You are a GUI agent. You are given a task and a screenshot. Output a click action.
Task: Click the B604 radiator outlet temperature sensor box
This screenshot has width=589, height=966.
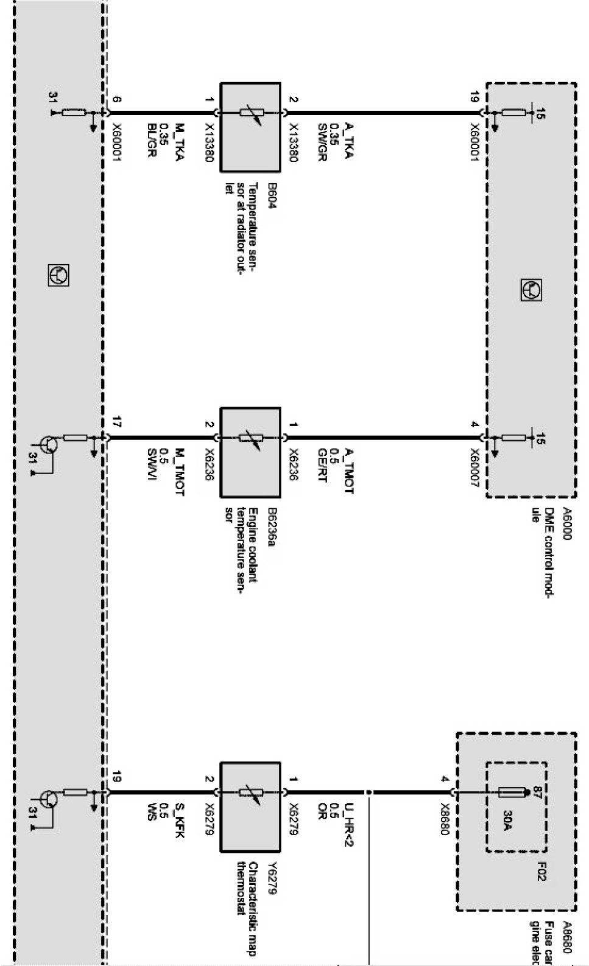tap(250, 127)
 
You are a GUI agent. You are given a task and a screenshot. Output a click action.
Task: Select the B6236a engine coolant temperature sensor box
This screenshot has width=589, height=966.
tap(250, 452)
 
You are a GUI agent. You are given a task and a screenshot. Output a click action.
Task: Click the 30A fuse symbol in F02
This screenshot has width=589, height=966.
tap(512, 793)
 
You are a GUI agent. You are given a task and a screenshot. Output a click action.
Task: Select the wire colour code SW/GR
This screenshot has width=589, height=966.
tap(322, 144)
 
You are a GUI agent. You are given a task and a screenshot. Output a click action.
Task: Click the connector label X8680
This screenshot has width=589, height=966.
tap(445, 816)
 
